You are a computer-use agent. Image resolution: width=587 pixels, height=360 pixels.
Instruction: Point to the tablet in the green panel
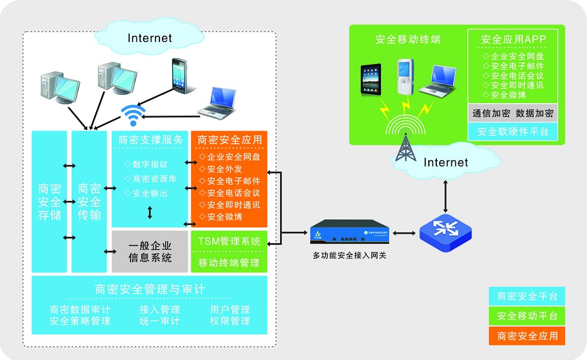371,79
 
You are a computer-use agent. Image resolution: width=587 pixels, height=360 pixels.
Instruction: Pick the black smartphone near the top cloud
180,75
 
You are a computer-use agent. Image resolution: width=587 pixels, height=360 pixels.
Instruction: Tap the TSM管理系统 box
229,241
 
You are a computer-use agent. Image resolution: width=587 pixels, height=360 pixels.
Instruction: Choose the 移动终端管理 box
229,263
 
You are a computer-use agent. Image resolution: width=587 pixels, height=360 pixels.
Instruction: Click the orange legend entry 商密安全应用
527,335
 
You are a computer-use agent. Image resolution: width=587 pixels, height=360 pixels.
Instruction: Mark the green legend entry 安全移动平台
527,315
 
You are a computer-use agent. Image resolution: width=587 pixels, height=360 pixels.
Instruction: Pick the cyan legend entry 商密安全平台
527,296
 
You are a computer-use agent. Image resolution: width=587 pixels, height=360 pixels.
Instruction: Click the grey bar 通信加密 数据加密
512,113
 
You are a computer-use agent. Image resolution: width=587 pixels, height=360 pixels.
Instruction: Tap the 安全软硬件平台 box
512,132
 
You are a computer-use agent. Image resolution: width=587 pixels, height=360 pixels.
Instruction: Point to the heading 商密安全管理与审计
149,289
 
